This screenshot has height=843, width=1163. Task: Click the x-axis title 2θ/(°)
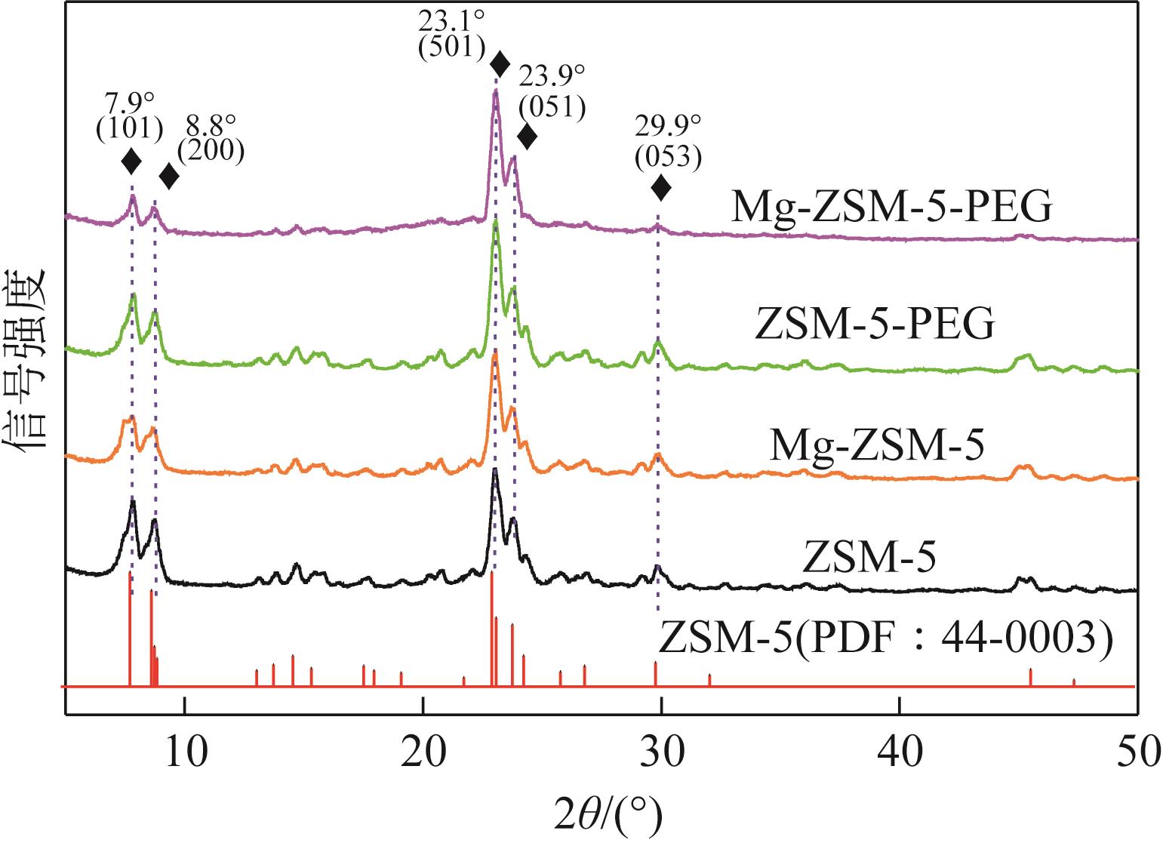[601, 816]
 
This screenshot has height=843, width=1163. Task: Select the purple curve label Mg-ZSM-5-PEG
[890, 208]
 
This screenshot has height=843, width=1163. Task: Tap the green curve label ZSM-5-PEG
[874, 326]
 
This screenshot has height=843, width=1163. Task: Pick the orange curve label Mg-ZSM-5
[876, 445]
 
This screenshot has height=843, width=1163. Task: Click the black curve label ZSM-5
[869, 559]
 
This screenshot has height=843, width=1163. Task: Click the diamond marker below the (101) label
[131, 160]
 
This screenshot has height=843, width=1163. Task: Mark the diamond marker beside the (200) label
[170, 177]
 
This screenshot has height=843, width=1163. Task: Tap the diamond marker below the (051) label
[527, 137]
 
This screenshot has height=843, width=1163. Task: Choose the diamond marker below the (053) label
[660, 188]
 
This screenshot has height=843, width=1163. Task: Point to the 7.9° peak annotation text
[129, 103]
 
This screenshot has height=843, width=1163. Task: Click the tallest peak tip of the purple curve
[495, 92]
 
